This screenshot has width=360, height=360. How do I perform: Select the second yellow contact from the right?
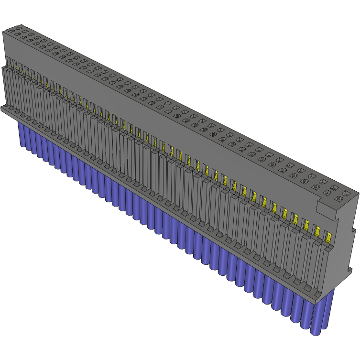(x=317, y=230)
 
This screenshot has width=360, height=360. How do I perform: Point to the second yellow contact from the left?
(x=20, y=67)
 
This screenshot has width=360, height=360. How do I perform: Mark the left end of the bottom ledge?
(x=4, y=109)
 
